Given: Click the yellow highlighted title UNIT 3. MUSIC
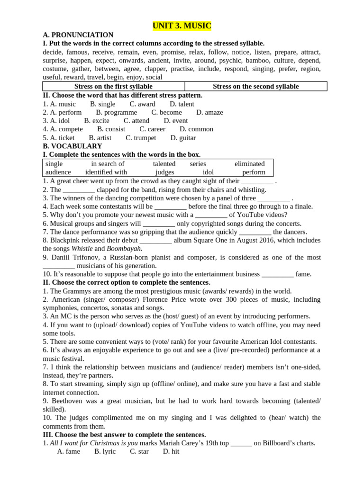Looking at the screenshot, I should tap(182, 26).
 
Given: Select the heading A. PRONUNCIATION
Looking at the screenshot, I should tap(78, 35).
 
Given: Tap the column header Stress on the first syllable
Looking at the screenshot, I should tap(113, 86).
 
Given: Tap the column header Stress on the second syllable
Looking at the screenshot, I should tap(256, 86).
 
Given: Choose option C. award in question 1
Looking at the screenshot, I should tap(142, 104).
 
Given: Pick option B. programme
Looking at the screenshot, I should tap(116, 112).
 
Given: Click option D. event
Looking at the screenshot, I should tap(176, 121).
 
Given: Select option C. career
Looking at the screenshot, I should tap(152, 129).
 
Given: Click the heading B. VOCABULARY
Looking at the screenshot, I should tap(72, 146).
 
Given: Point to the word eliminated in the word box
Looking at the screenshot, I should tap(250, 164).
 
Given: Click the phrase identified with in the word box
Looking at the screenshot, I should tap(106, 172).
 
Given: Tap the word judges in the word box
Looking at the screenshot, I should tap(164, 172).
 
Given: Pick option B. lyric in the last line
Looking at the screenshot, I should tap(105, 451).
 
